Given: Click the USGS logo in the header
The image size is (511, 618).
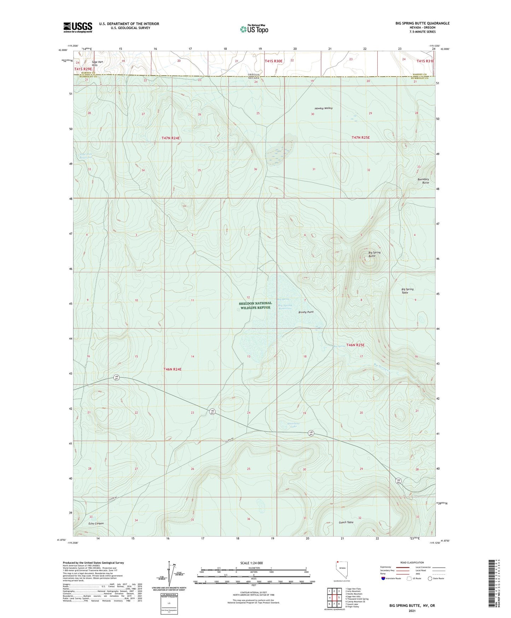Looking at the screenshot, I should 77,27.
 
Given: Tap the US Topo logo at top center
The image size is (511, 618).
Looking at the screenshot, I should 254,29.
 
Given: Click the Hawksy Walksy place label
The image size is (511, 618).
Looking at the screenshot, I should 323,108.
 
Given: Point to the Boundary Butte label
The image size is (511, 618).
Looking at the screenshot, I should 423,181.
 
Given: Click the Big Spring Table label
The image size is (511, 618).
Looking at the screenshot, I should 407,291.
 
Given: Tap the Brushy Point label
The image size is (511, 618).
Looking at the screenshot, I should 306,312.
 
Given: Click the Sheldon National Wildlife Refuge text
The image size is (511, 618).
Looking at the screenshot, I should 256,305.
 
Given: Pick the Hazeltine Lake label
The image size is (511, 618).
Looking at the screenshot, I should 293,425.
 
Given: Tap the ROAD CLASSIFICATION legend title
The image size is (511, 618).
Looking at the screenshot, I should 412,562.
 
